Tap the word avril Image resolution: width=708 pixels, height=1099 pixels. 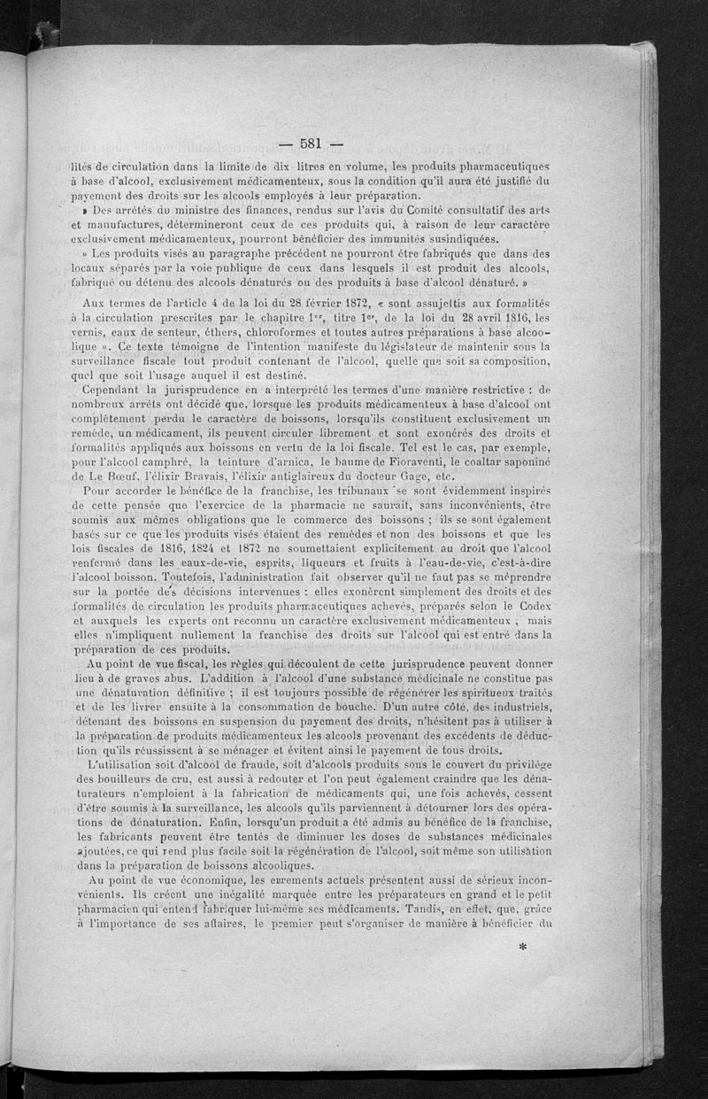[480, 315]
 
